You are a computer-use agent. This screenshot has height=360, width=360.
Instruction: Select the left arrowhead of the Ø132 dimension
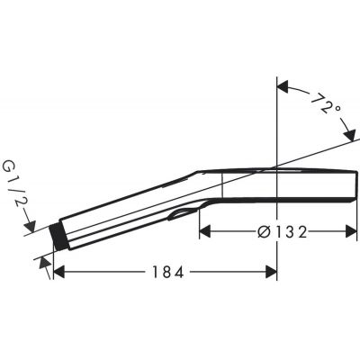click(x=203, y=231)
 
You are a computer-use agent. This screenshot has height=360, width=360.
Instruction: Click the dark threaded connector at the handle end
click(x=59, y=238)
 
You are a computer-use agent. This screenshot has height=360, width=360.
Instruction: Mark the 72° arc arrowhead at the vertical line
click(x=280, y=86)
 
